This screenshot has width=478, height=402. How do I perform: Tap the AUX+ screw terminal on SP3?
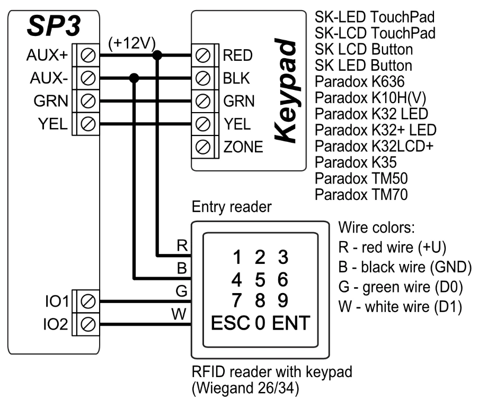click(88, 55)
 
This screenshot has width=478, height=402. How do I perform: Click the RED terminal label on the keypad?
click(238, 55)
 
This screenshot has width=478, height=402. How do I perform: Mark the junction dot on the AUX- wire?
click(134, 78)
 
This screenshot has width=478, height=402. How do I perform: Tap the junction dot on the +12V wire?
click(157, 55)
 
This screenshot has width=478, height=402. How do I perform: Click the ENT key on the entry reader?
click(291, 323)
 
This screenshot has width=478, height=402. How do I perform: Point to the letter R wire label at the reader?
click(182, 246)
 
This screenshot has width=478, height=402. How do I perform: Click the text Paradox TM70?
click(361, 195)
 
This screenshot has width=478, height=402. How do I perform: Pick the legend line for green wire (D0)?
click(400, 288)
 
